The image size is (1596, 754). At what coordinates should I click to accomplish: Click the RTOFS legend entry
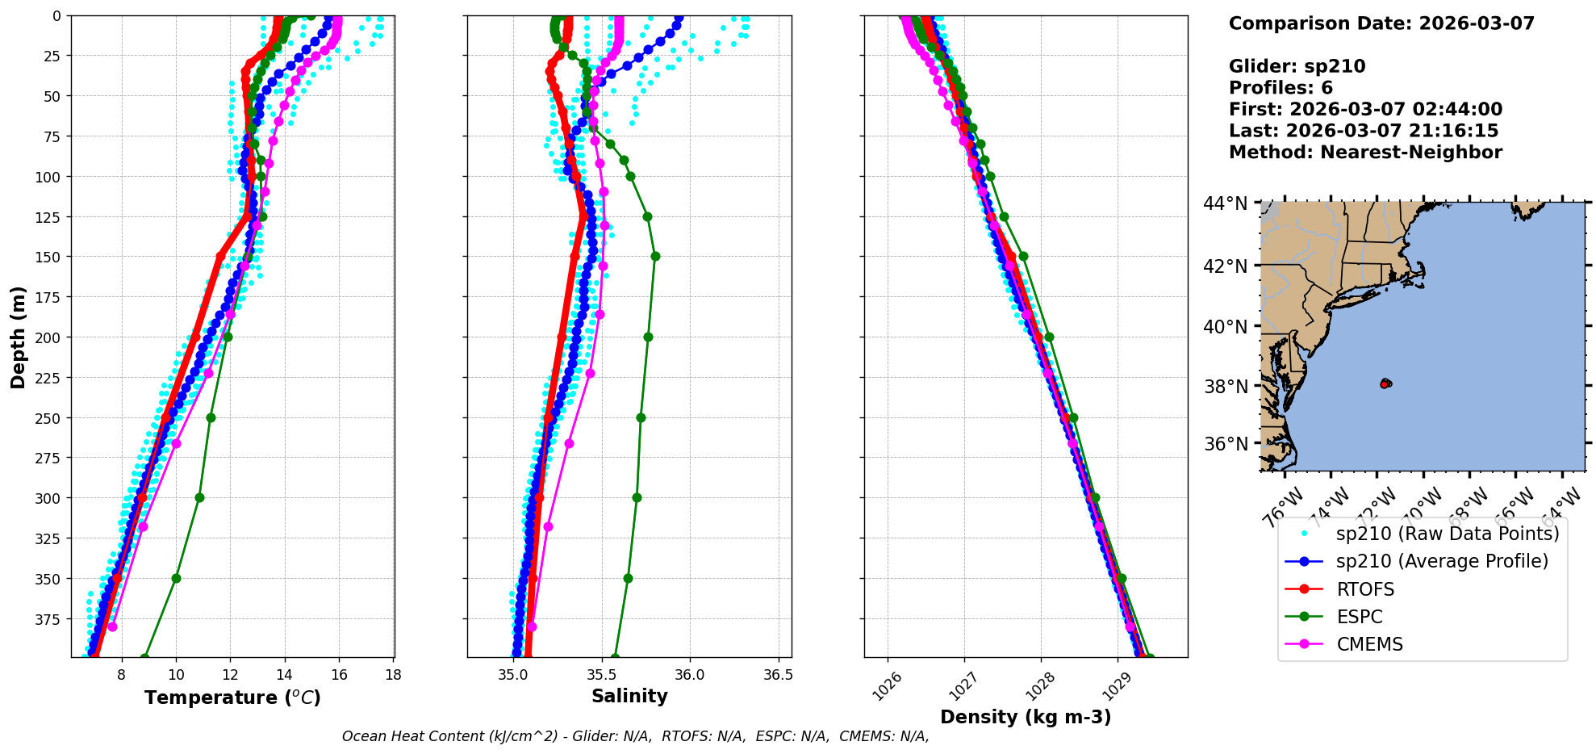coord(1365,589)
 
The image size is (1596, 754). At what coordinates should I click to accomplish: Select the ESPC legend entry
coord(1359,617)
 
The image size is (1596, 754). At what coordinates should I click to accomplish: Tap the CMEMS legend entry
coord(1369,644)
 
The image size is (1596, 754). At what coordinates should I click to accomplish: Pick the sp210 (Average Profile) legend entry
coord(1442,561)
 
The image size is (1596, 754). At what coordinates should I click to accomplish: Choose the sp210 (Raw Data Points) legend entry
coord(1448,534)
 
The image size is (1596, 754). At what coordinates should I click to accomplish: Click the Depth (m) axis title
coord(18,337)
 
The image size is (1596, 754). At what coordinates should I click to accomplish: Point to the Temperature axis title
coord(232,697)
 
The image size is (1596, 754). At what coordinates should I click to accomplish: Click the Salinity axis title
coord(629,696)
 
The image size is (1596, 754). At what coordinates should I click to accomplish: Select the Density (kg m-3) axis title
coord(1026,717)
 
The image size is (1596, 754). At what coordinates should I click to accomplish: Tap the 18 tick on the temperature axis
coord(393,675)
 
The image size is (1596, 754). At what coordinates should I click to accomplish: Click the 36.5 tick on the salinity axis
coord(778,675)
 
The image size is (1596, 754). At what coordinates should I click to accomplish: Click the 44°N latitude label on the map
coord(1226,203)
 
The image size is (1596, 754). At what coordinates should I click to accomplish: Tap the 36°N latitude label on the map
coord(1226,444)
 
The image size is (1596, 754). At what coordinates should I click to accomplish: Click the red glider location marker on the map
coord(1385,384)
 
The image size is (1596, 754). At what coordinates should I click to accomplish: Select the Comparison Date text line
coord(1381,23)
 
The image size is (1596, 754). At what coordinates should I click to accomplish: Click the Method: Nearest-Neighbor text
coord(1365,153)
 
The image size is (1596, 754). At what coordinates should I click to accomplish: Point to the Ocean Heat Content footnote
coord(635,736)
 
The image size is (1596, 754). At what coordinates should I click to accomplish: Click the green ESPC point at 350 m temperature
coord(176,578)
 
